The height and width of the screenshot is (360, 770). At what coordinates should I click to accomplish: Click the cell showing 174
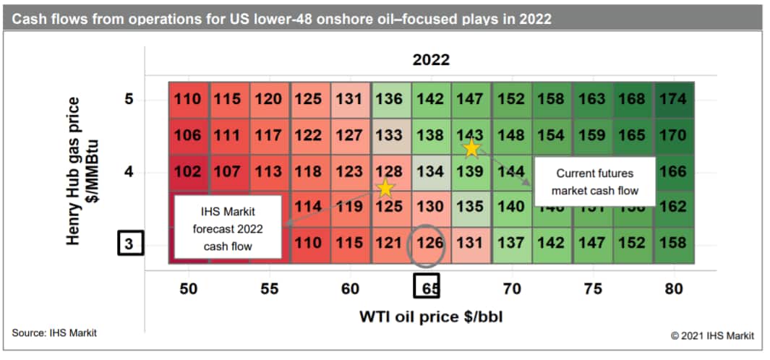coord(673,99)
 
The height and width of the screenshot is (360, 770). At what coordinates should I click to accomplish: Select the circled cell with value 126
coord(431,243)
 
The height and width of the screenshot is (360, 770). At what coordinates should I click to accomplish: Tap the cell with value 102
coord(188,173)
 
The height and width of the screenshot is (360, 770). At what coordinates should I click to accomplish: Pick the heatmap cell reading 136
coord(390,99)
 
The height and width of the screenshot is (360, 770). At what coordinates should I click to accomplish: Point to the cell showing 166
coord(673,173)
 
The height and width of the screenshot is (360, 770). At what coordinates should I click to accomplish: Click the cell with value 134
coord(431,173)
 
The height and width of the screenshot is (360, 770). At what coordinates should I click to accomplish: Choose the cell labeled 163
coord(592,99)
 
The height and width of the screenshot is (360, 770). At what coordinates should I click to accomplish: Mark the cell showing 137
coord(511,243)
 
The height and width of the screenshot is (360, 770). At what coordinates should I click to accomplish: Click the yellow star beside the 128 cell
coord(386,189)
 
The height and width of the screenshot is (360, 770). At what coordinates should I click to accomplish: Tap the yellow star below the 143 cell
coord(471,149)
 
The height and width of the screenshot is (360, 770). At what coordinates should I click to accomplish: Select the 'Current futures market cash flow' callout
coord(594,182)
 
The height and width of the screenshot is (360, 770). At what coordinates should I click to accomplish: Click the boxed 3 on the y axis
coord(129,244)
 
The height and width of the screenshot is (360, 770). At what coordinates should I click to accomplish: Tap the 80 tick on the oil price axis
coord(673,288)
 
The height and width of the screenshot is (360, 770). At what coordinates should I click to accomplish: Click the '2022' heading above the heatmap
coord(431,60)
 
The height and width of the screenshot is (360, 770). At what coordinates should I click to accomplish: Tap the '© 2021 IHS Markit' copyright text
coord(711,335)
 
